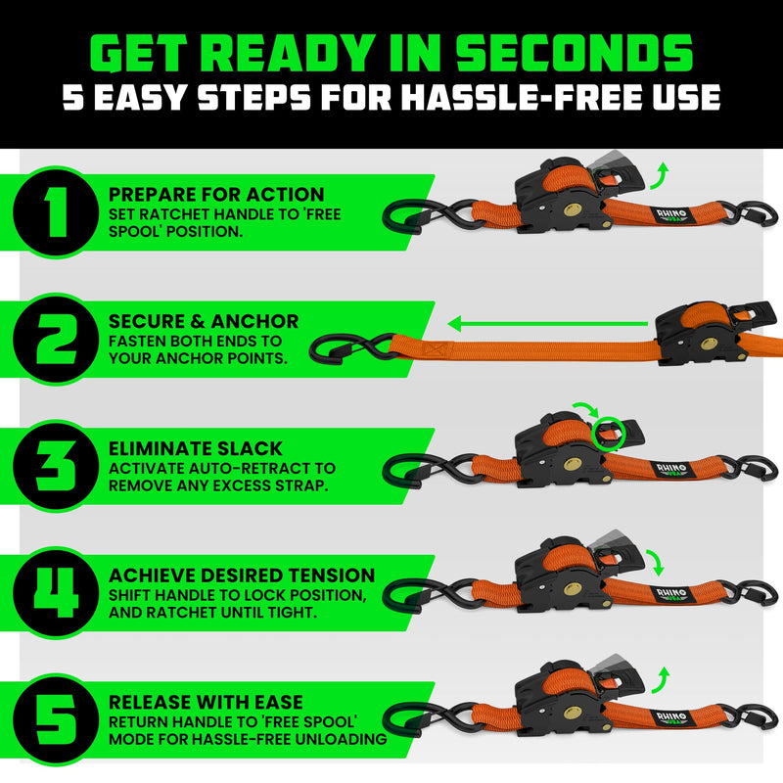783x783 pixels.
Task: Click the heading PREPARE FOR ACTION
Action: (216, 195)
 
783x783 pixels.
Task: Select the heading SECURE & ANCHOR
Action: (204, 321)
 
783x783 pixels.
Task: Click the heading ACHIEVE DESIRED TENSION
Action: (242, 575)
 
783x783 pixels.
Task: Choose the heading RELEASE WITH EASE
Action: (206, 702)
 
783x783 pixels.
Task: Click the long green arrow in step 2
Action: (548, 320)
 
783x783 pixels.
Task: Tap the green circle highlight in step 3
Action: (607, 433)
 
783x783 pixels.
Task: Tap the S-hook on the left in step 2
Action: (347, 345)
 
